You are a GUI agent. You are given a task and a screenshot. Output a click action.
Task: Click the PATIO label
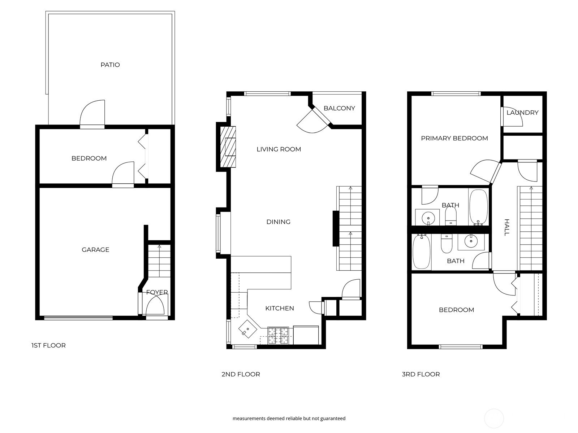coord(110,65)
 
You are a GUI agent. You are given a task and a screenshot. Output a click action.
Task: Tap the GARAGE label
coord(95,249)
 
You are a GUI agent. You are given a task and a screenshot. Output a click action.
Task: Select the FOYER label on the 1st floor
coord(157,292)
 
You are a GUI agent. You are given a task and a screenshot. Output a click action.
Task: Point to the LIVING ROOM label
coord(279,149)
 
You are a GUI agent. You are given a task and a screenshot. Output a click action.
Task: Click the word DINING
coord(278,222)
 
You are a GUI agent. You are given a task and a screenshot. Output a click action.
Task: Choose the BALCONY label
coord(339,108)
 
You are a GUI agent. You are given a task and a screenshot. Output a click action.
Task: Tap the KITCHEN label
coord(279,308)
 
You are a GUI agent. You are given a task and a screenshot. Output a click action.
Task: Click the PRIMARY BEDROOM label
coord(454,138)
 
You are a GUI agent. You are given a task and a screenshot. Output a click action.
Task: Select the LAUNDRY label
coord(522,113)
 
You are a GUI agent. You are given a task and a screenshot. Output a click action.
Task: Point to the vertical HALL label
coord(506,227)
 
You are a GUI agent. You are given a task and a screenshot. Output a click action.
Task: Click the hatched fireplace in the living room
coord(228,147)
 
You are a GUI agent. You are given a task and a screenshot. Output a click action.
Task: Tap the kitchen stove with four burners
coord(278,335)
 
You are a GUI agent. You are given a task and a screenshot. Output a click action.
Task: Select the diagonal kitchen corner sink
coord(247,329)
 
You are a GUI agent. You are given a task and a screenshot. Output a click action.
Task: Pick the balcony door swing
coord(313,121)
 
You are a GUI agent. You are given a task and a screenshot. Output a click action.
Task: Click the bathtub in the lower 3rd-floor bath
coord(422,252)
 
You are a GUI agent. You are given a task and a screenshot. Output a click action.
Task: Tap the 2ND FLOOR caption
coord(241,374)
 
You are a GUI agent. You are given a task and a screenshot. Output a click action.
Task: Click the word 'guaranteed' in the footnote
coord(333,418)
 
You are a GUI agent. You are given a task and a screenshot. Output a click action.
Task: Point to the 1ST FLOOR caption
coord(48,345)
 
